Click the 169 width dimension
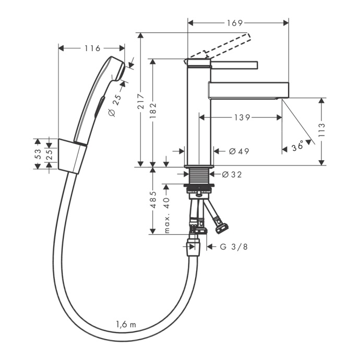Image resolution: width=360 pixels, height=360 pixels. point(236,22)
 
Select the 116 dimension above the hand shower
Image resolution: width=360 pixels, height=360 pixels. point(91,49)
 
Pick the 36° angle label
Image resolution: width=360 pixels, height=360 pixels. point(298,148)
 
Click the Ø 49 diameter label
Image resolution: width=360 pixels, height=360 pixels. point(238,151)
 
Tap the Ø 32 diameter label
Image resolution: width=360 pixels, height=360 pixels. point(232,174)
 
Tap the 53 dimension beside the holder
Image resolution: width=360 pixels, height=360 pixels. point(38,154)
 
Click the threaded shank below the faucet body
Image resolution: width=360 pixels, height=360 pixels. point(199,175)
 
